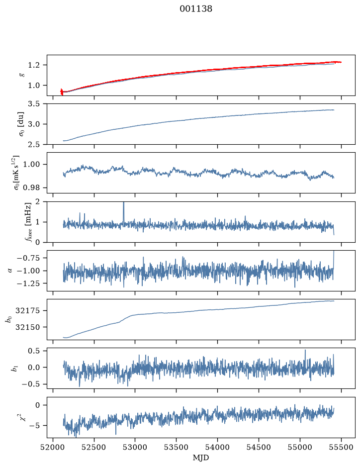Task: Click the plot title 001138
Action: click(195, 9)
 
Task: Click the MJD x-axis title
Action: click(201, 458)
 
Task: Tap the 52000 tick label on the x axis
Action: click(53, 447)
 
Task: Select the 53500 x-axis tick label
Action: click(177, 447)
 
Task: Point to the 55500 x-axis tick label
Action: click(341, 447)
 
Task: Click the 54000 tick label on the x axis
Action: click(217, 447)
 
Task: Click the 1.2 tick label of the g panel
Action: click(33, 65)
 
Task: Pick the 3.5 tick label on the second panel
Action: click(33, 104)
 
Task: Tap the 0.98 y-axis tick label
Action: click(31, 187)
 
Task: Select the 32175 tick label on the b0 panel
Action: click(27, 311)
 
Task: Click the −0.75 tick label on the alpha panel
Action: click(28, 258)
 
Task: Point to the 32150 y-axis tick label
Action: click(27, 327)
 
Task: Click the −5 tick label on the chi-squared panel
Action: click(33, 426)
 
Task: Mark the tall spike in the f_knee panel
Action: click(124, 213)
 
